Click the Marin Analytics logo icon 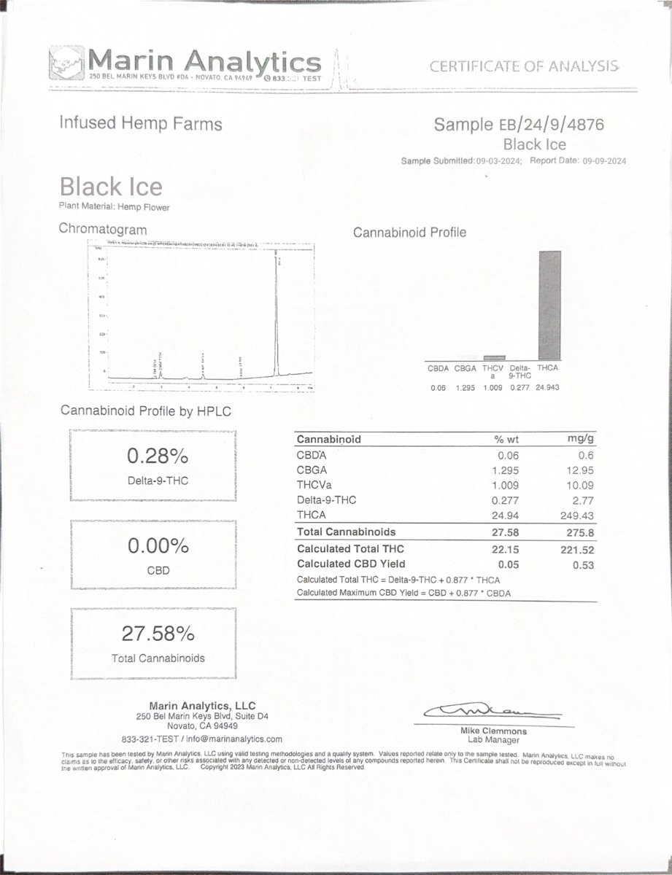[x=66, y=63]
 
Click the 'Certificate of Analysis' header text [x=524, y=66]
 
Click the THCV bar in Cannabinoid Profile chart [x=494, y=357]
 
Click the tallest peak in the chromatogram [x=277, y=314]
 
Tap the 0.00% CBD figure [x=158, y=545]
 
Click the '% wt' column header [x=505, y=439]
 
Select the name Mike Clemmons [x=493, y=731]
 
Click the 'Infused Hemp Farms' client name [x=141, y=123]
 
